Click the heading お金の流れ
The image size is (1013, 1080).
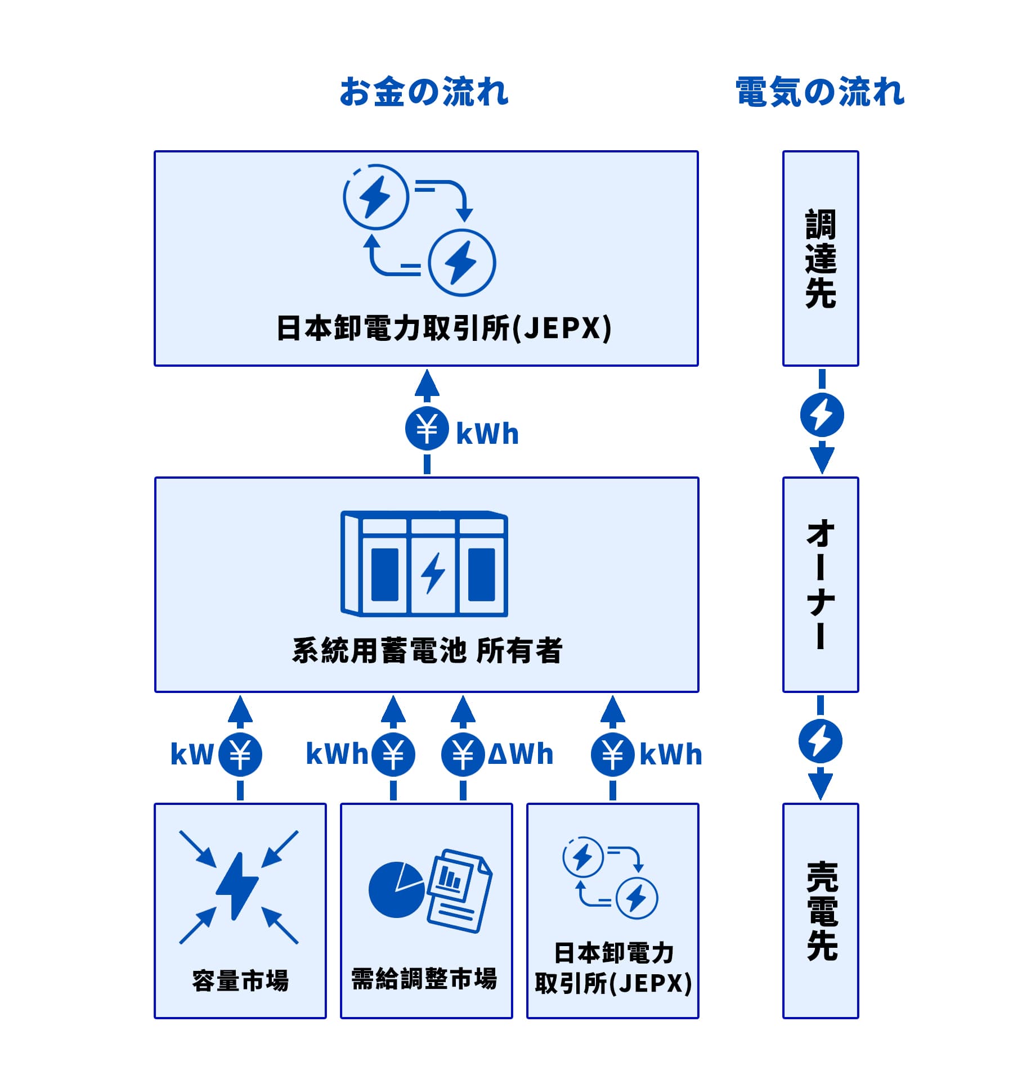424,92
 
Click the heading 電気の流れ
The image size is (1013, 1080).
820,92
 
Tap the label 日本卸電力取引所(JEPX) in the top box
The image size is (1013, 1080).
443,328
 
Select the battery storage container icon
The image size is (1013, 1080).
424,564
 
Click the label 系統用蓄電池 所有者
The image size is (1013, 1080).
427,650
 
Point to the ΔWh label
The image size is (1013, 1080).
521,754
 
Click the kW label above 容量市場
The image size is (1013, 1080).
191,754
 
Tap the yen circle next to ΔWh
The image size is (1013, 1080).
463,755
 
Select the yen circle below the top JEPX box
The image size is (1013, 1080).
427,428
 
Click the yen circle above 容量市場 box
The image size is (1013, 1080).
240,755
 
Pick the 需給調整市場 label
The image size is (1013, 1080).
424,979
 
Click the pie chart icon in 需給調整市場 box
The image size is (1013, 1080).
396,890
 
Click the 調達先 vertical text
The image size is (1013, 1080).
821,259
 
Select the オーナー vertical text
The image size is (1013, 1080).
821,584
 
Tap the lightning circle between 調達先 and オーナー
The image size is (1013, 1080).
822,415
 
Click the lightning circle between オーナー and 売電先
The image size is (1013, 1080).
821,741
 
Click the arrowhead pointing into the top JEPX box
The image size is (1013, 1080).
427,384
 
